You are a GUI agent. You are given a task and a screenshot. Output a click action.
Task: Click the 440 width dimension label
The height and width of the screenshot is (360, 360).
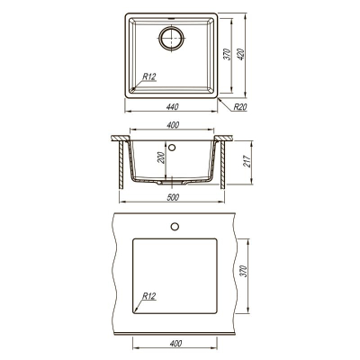coord(173,106)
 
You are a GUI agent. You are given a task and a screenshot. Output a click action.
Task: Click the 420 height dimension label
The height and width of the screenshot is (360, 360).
coord(241,54)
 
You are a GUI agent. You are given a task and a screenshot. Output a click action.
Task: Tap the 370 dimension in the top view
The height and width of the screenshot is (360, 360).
coord(228,54)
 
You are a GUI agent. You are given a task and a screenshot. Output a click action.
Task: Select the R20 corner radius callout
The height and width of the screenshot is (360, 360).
coord(240,107)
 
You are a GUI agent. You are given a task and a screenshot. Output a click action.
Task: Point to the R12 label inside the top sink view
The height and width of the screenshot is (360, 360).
coord(149,76)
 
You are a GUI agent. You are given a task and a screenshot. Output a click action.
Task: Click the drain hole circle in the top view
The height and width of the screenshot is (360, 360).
coord(171,38)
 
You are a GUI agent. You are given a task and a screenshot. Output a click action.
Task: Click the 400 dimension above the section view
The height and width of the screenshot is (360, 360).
coord(173,125)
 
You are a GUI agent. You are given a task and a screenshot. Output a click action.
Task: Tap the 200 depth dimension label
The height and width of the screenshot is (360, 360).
coord(161,157)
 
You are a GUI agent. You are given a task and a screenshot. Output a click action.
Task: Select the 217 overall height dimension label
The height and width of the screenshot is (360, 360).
coord(247,161)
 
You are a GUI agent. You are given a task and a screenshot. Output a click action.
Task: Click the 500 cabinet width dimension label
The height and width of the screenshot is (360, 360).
coord(173,197)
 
